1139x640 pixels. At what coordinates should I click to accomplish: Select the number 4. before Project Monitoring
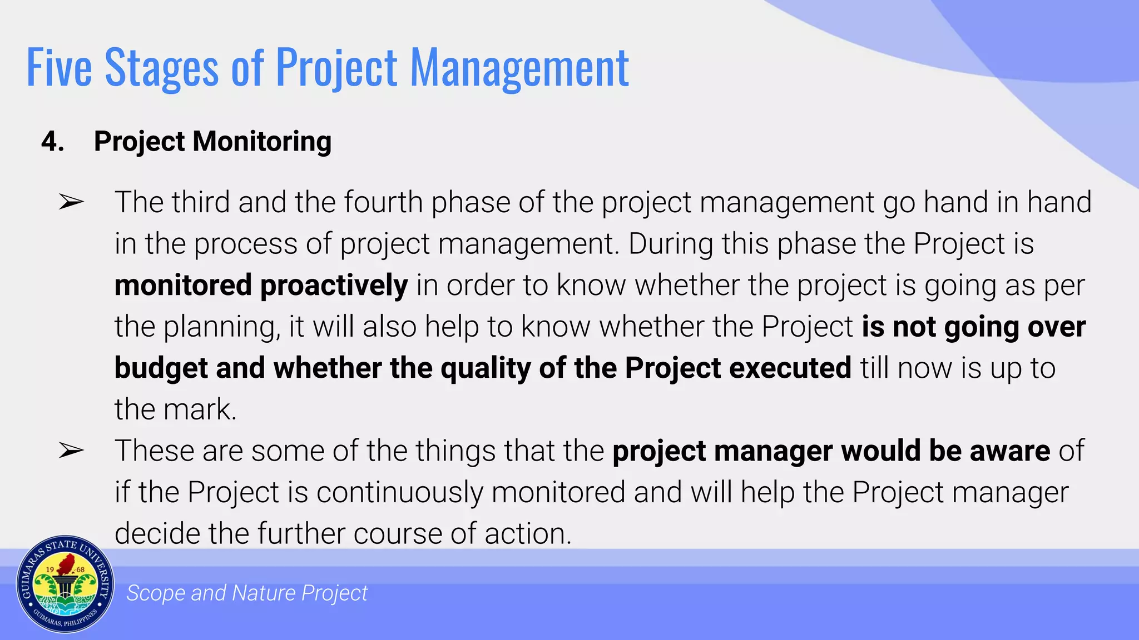pyautogui.click(x=52, y=141)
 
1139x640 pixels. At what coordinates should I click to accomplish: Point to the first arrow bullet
pyautogui.click(x=71, y=203)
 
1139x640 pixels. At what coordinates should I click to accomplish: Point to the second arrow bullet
pyautogui.click(x=71, y=451)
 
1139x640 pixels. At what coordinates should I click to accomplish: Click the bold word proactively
pyautogui.click(x=334, y=286)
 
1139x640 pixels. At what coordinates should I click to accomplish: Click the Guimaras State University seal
pyautogui.click(x=65, y=584)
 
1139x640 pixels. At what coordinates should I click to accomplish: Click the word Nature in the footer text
pyautogui.click(x=264, y=593)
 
